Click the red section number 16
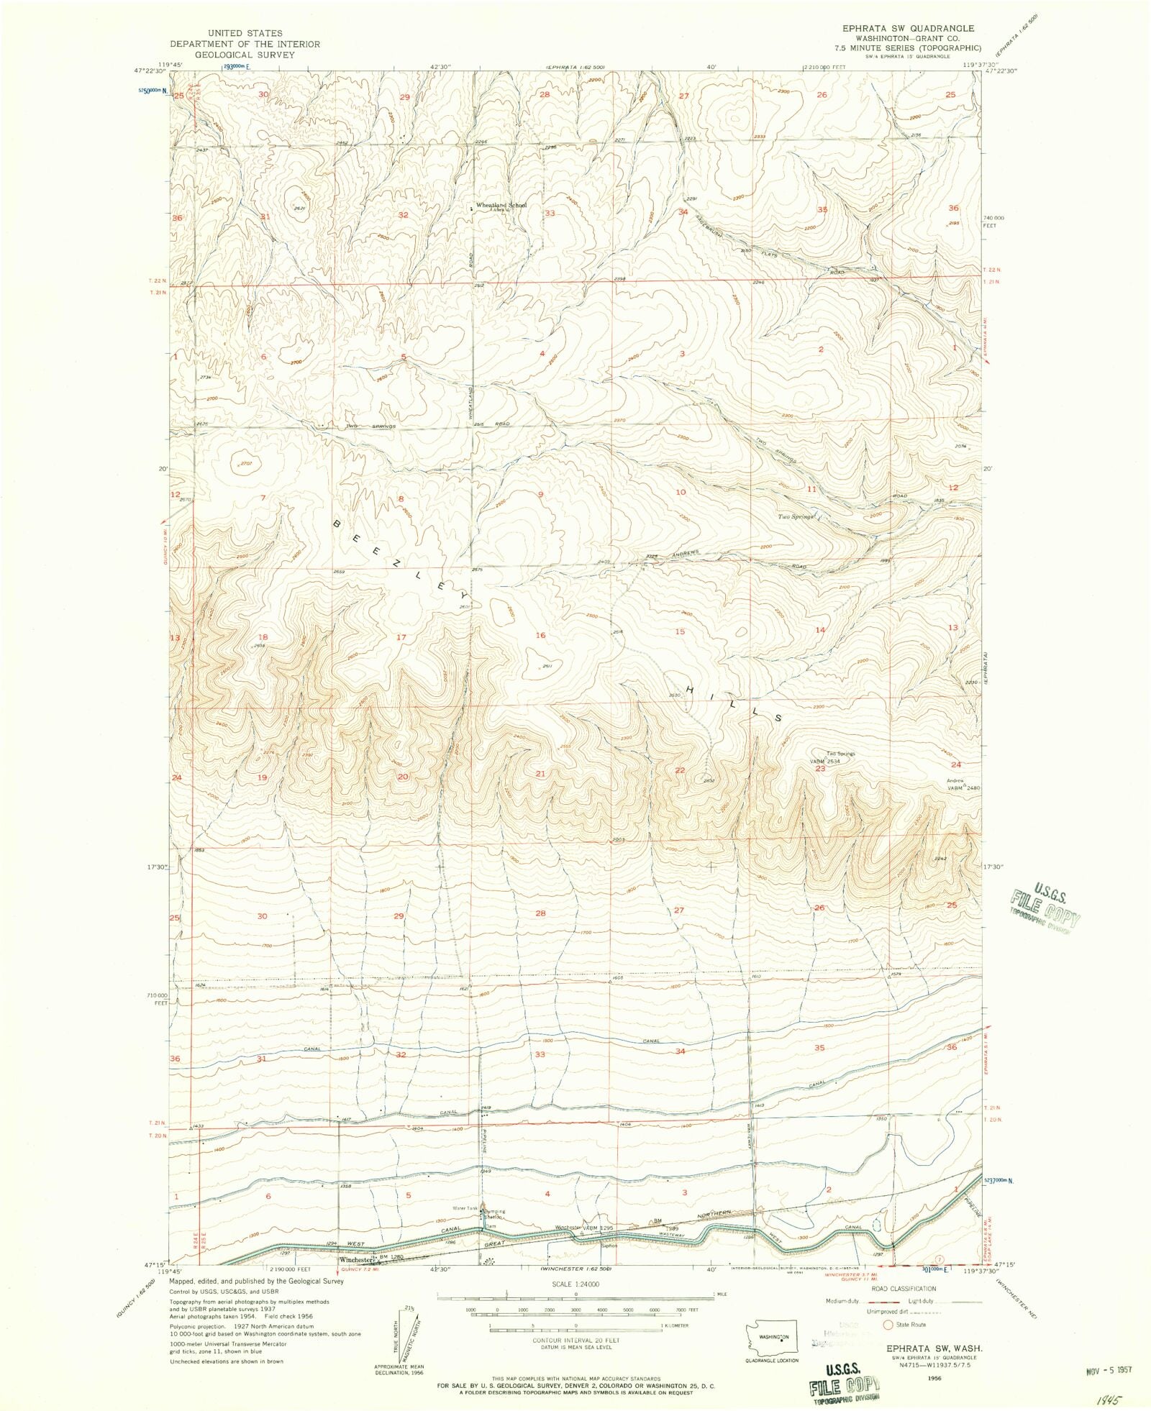point(540,635)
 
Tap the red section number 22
point(680,770)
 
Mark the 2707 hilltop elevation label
point(247,464)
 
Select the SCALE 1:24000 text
point(575,1284)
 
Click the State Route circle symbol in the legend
point(888,1325)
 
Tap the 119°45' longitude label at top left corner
point(170,63)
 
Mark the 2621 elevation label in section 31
point(300,209)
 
